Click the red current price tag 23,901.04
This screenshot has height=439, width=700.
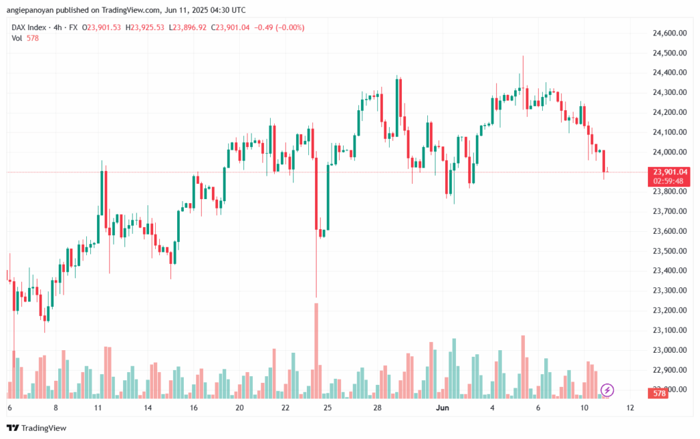[x=670, y=172]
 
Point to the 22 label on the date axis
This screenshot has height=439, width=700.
[x=285, y=408]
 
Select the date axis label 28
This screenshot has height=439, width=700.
[x=377, y=408]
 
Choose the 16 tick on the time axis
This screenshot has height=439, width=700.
[x=194, y=408]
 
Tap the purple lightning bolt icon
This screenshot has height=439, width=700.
[x=608, y=390]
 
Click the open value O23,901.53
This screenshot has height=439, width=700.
[x=102, y=27]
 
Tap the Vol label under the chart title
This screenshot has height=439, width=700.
[x=17, y=38]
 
